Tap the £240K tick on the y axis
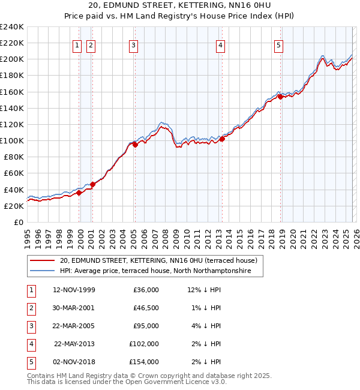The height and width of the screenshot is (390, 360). [12, 27]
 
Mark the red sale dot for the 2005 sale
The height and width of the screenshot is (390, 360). [135, 144]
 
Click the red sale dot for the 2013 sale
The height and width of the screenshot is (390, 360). [222, 139]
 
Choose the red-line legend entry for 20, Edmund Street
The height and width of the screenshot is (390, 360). [158, 260]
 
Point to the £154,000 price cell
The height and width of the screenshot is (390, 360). [144, 362]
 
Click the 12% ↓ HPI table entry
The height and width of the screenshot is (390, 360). [204, 290]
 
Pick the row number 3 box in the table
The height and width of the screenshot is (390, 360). [31, 326]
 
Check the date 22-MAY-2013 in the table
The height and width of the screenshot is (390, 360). [74, 344]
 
